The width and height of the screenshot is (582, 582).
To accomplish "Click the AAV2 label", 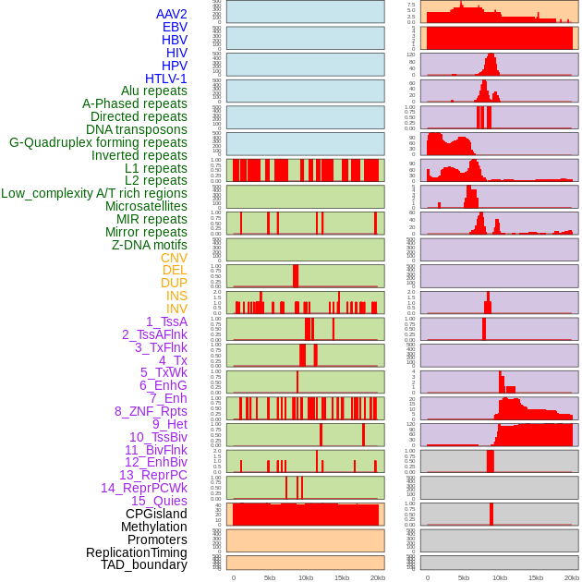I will [x=171, y=14].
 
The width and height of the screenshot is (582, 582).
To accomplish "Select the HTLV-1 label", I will [x=165, y=79].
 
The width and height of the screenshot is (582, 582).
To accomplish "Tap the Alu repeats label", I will [x=153, y=91].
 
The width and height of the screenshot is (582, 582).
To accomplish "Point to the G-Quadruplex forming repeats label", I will [x=98, y=142].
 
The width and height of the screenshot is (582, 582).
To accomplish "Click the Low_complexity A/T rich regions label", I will [x=94, y=193].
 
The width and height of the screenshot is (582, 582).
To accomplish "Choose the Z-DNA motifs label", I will [x=149, y=245].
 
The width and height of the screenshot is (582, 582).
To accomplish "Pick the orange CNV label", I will [x=174, y=258].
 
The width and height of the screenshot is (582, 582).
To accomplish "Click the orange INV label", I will [x=176, y=309].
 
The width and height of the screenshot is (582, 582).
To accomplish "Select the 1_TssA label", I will [x=166, y=321].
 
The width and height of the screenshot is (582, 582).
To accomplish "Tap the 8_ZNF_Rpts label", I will [x=151, y=411].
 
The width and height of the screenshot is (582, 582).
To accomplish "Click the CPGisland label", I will [x=156, y=514].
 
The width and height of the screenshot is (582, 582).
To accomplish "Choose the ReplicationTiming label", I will [x=136, y=552].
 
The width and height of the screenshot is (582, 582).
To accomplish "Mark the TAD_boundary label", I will [x=143, y=564].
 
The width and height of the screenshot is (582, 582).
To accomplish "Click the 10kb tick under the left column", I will [x=305, y=577].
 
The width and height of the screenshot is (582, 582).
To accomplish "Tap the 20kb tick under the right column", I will [x=572, y=577].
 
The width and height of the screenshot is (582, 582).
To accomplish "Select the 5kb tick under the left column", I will [x=270, y=577].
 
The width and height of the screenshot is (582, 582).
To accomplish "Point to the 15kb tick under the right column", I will [x=536, y=577].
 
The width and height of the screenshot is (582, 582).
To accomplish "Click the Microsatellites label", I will [x=146, y=206].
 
